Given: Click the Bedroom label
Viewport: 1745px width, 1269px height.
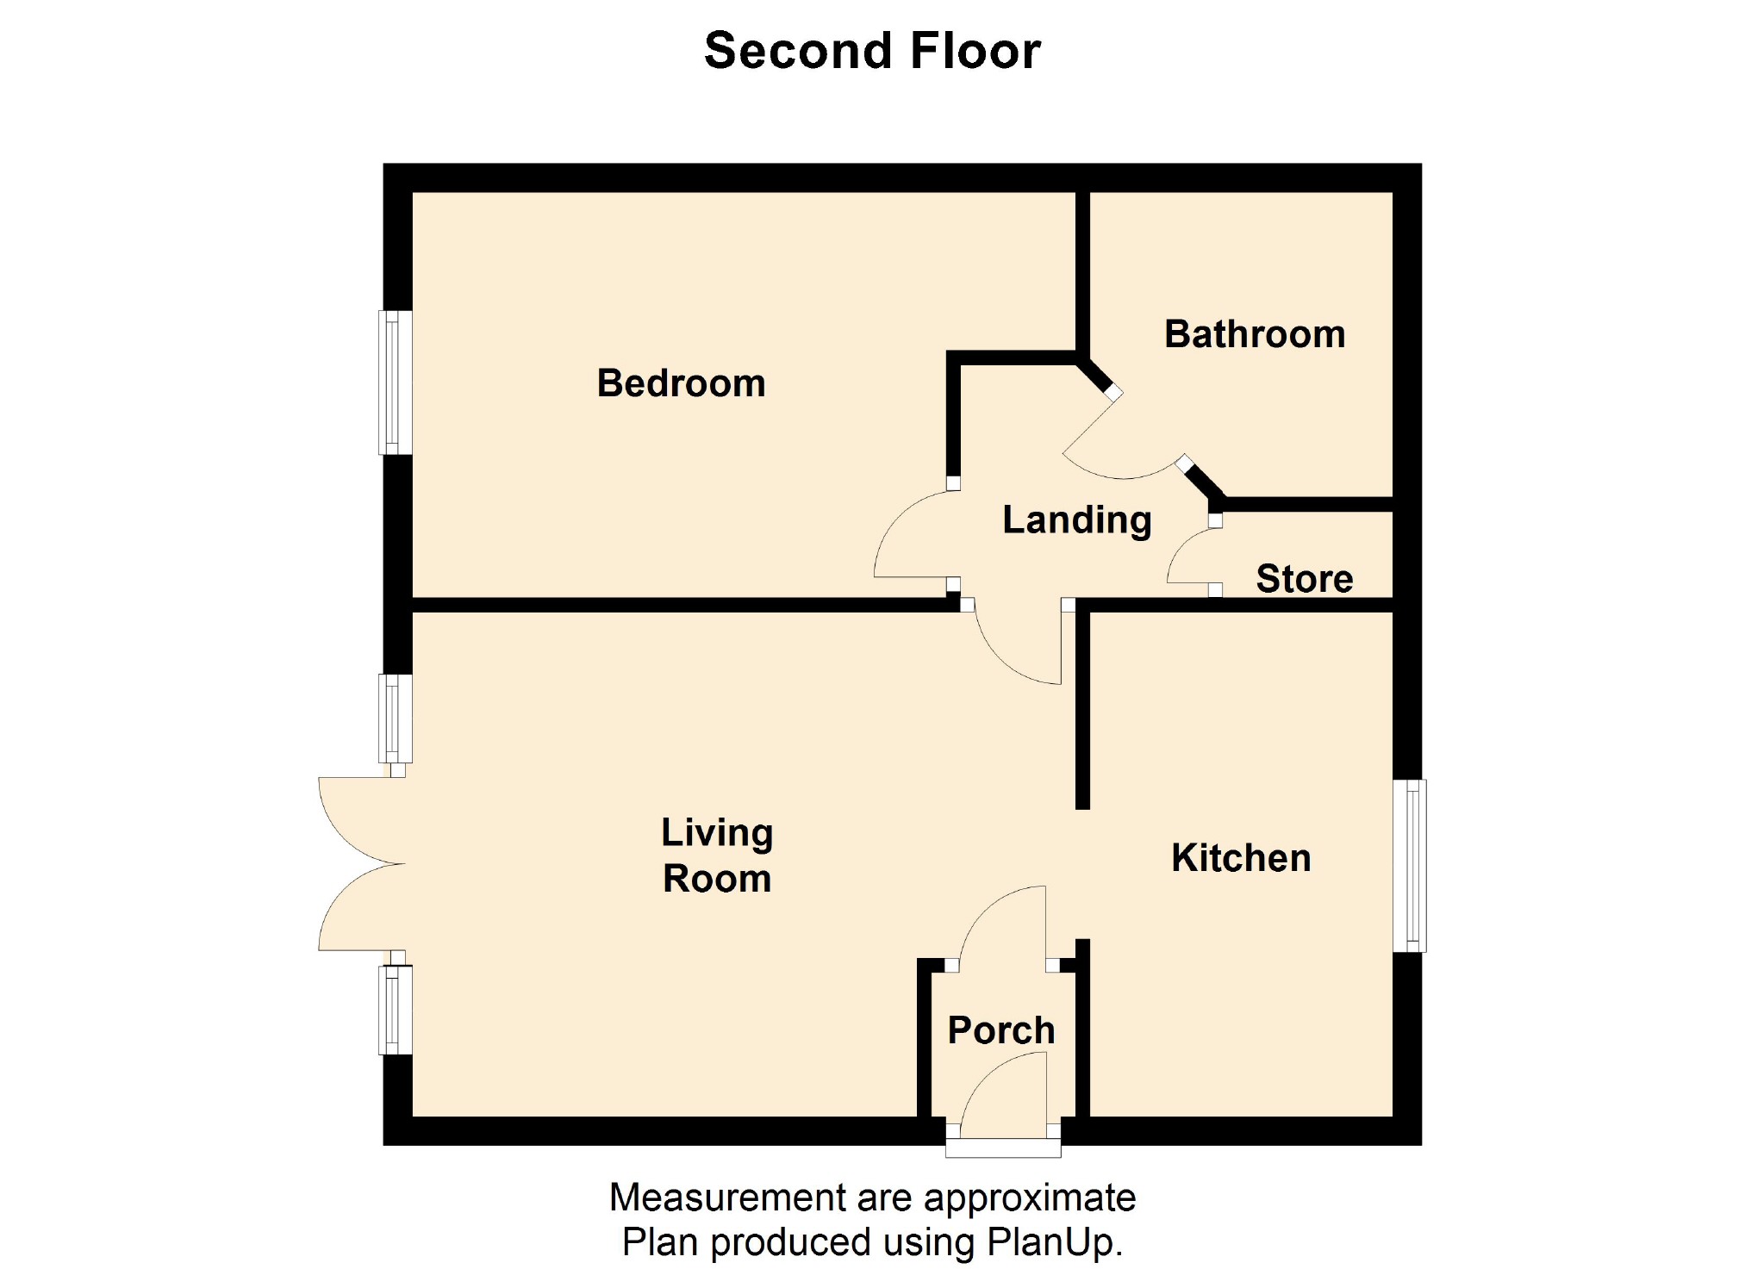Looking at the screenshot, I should coord(681,383).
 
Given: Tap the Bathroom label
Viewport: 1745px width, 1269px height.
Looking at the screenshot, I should coord(1254,334).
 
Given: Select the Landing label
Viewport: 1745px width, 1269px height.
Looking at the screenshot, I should coord(1076,519).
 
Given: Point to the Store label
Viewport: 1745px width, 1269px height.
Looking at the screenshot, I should coord(1304,578).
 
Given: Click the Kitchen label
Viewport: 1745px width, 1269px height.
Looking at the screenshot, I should coord(1241,858).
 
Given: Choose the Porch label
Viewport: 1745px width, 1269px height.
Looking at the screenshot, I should coord(1000,1030).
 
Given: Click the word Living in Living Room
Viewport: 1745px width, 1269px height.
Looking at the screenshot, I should coord(716,832).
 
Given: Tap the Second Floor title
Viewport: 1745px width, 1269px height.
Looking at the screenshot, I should coord(872,51).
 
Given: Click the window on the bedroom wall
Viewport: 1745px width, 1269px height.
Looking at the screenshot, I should coord(395,382).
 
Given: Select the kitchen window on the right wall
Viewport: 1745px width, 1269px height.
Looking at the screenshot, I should coord(1410,865).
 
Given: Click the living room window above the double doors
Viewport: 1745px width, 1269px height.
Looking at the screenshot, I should coord(395,718).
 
